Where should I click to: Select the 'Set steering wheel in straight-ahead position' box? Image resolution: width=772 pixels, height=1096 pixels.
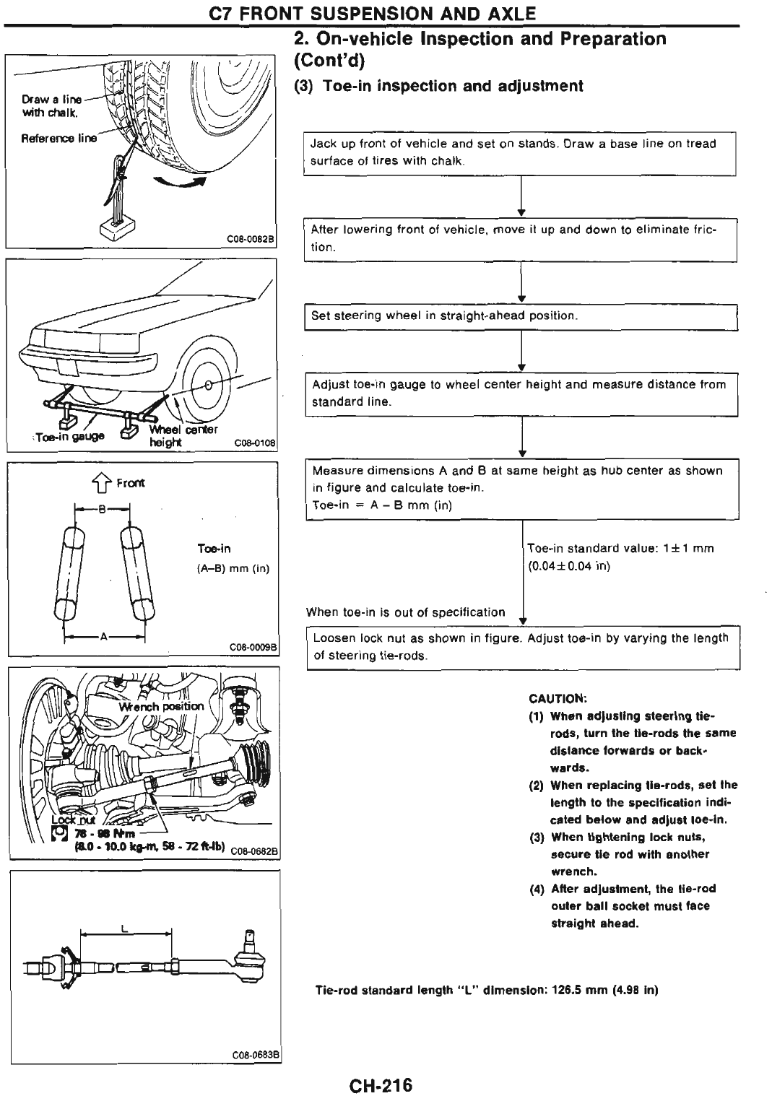(520, 316)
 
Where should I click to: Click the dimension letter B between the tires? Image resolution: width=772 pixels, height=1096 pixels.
(102, 508)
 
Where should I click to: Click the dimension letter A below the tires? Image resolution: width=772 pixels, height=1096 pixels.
(104, 637)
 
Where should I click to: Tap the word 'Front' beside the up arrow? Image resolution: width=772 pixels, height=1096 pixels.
(131, 483)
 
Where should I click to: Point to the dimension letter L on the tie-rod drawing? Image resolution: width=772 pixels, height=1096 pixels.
(125, 929)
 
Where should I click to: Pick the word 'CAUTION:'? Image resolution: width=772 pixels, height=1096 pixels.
(558, 698)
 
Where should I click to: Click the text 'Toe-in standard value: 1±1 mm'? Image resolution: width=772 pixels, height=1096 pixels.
(620, 548)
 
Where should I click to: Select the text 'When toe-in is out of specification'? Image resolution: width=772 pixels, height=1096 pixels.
(405, 612)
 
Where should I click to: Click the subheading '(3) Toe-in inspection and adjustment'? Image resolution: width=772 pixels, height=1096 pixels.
(438, 86)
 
